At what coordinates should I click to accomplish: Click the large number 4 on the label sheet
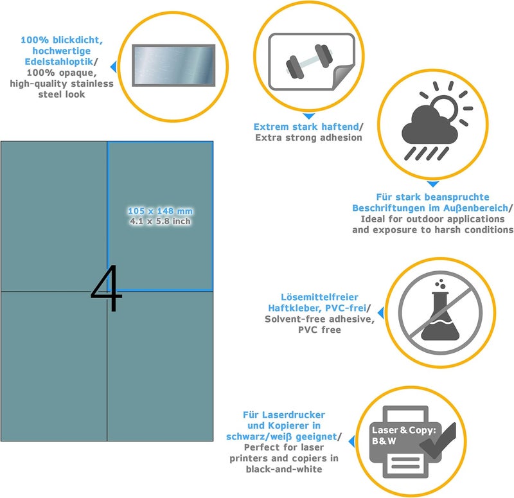pyautogui.click(x=107, y=288)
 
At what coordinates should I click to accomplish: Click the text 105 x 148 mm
pyautogui.click(x=160, y=211)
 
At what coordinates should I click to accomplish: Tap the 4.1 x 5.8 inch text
pyautogui.click(x=160, y=221)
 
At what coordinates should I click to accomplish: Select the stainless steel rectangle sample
pyautogui.click(x=173, y=66)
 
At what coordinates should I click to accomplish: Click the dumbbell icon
pyautogui.click(x=309, y=62)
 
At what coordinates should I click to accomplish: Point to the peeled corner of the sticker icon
pyautogui.click(x=343, y=77)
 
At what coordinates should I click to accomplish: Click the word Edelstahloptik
pyautogui.click(x=59, y=62)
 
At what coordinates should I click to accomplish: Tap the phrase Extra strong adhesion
pyautogui.click(x=309, y=138)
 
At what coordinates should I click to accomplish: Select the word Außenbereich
pyautogui.click(x=475, y=208)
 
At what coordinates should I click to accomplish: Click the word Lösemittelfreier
pyautogui.click(x=319, y=297)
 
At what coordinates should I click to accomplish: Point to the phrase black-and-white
pyautogui.click(x=284, y=469)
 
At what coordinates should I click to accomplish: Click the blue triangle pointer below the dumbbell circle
pyautogui.click(x=309, y=116)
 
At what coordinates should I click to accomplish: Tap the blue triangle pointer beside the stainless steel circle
pyautogui.click(x=114, y=67)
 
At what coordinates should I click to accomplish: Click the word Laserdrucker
pyautogui.click(x=292, y=414)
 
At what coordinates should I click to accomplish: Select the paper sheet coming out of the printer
pyautogui.click(x=405, y=463)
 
